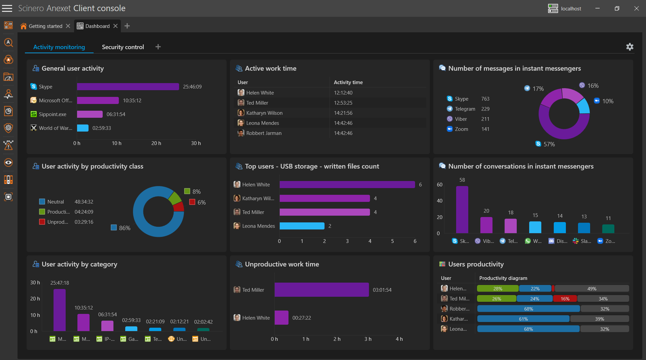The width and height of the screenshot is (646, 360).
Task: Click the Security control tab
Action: [123, 47]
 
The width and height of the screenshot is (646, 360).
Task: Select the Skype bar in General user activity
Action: [128, 87]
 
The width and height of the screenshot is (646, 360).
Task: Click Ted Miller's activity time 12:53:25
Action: [343, 103]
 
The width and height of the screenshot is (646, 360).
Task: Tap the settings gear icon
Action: [630, 47]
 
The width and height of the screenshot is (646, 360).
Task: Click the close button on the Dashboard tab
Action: [115, 26]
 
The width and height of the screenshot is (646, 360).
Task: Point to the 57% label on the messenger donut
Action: [549, 144]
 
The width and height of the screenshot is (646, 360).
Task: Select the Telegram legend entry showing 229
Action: [468, 109]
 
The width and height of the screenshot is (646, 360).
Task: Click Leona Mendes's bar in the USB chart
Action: [302, 226]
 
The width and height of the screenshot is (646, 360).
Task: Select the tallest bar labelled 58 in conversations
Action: [462, 209]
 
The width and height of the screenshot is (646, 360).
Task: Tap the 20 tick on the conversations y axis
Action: [440, 217]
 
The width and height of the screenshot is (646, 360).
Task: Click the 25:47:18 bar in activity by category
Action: [60, 310]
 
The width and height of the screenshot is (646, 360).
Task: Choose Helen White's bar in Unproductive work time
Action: [281, 318]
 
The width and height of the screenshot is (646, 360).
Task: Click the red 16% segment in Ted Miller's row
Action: [565, 299]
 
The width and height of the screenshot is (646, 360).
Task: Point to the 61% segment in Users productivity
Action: [523, 319]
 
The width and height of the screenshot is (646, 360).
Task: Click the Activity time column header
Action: [348, 82]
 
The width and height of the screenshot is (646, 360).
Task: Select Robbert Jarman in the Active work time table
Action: [264, 133]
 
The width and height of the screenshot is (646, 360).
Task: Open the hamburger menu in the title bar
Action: [7, 8]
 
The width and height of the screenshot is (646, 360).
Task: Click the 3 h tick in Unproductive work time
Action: [368, 339]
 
